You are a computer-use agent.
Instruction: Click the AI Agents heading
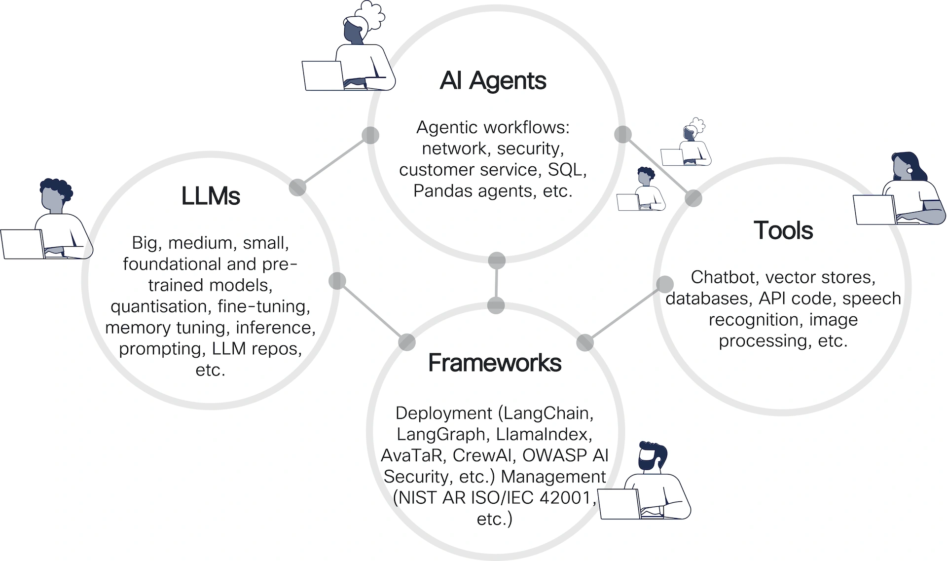click(493, 80)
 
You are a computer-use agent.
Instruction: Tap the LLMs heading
click(211, 196)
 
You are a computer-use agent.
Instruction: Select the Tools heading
click(783, 230)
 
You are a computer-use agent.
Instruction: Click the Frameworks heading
click(495, 363)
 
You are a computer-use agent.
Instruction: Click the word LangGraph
click(441, 434)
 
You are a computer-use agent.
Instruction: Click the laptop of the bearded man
click(619, 504)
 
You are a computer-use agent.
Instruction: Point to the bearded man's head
click(651, 456)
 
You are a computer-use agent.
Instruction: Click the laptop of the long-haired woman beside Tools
click(874, 210)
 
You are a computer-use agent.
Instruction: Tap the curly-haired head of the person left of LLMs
click(54, 193)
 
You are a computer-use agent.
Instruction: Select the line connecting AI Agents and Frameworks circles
click(496, 283)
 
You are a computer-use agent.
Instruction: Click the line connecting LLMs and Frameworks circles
click(372, 311)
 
